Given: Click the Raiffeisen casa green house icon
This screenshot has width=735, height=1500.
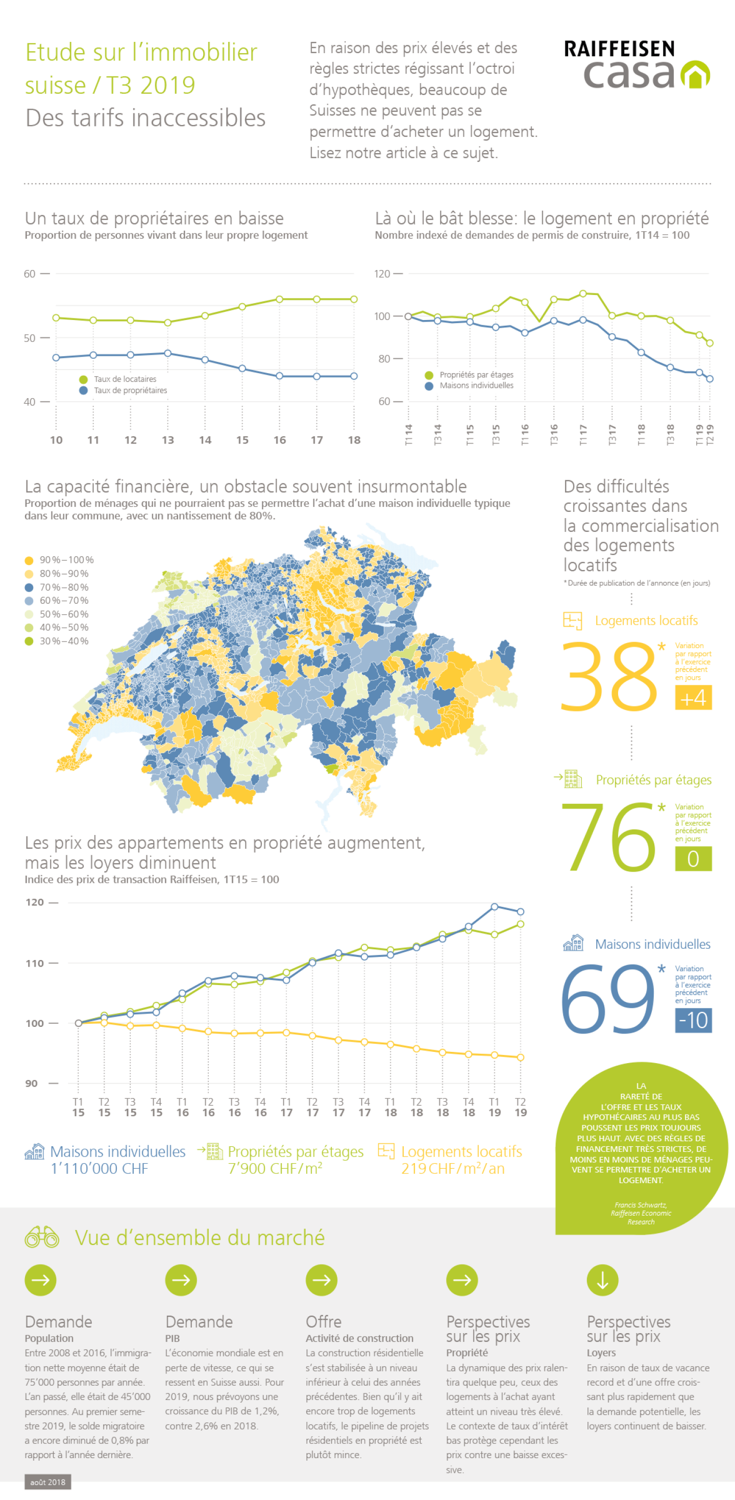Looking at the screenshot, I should click(695, 75).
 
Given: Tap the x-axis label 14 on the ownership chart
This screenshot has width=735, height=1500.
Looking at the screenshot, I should click(205, 440).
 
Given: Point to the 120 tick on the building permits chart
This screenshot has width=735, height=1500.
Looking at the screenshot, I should click(382, 274).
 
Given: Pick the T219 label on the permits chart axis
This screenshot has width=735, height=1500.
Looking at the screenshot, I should click(710, 435).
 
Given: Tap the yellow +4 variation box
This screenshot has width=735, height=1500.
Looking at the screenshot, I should click(693, 698).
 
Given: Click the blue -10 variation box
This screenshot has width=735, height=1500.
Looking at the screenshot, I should click(693, 1020).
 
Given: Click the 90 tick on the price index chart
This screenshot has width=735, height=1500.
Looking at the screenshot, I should click(32, 1084).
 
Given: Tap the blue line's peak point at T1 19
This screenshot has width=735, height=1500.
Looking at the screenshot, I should click(495, 906).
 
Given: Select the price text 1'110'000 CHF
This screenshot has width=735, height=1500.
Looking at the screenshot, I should click(100, 1169).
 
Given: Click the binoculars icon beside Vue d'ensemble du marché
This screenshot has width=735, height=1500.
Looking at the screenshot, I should click(42, 1237).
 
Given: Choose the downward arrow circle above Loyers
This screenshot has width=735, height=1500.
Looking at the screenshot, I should click(602, 1281).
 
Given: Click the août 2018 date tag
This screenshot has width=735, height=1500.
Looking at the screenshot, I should click(48, 1482).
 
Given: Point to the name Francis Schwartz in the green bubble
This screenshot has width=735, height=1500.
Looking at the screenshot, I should click(641, 1205).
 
